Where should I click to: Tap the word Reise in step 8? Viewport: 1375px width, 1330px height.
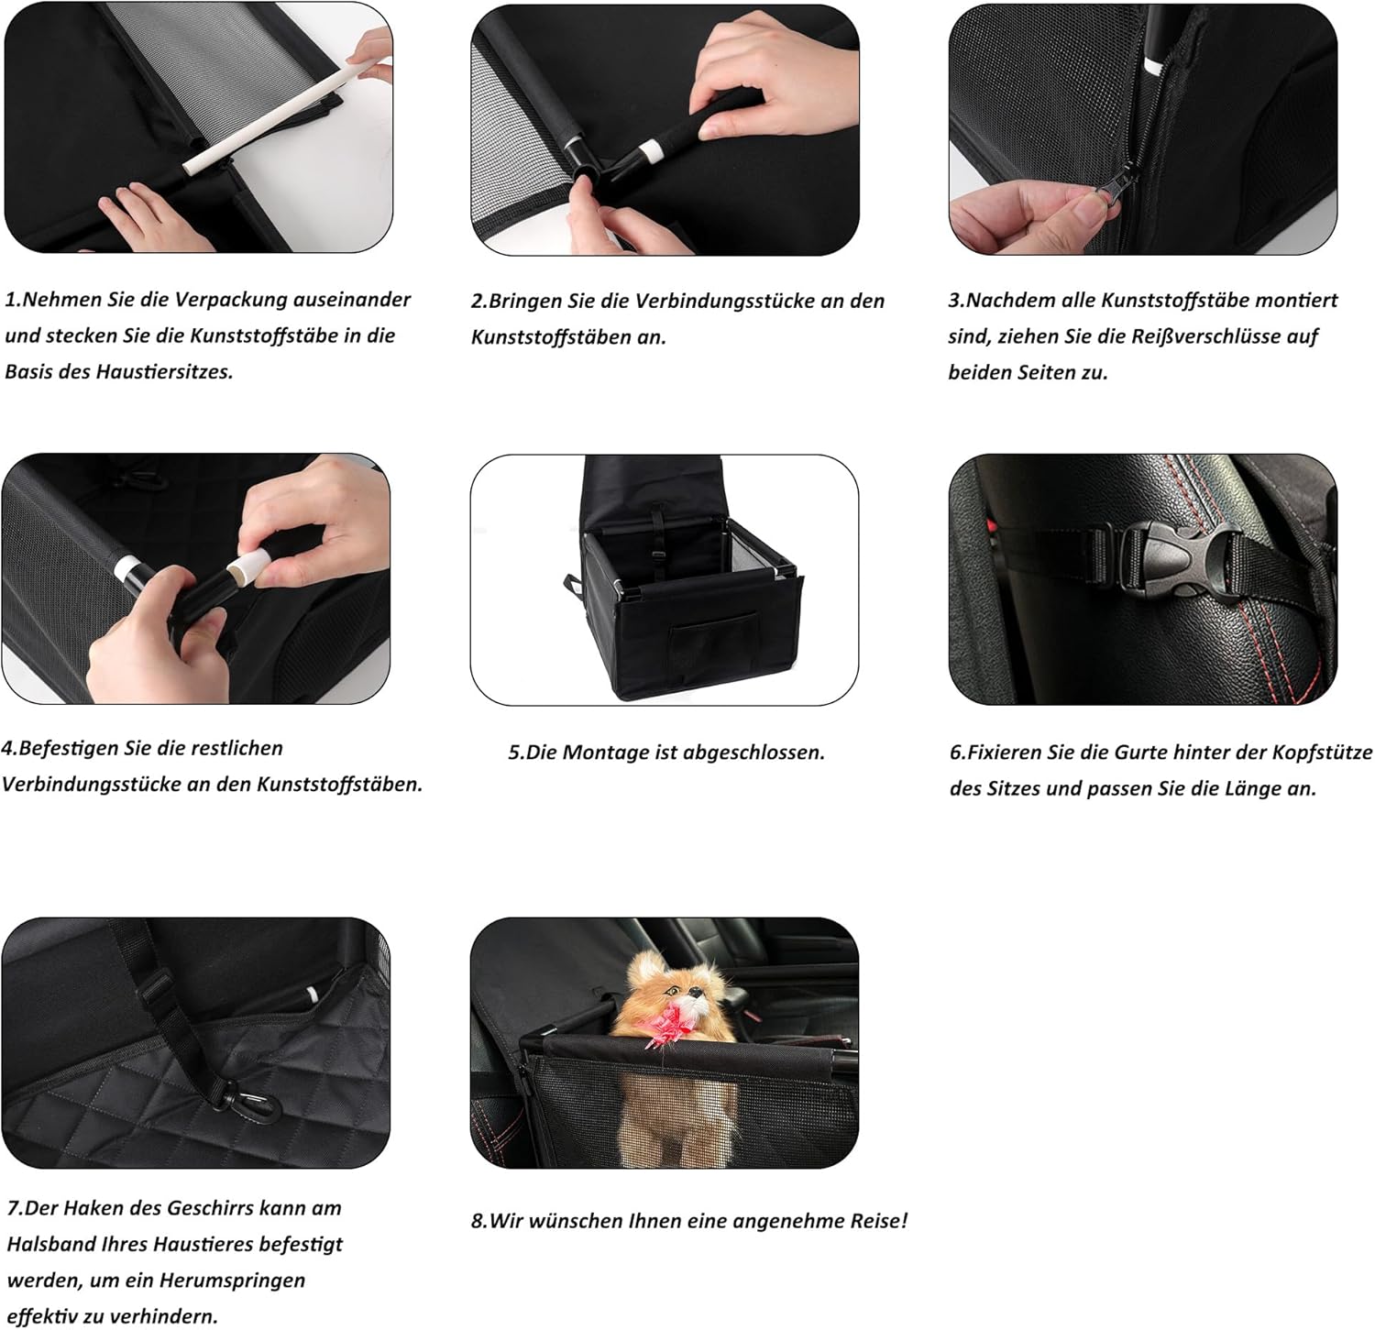(x=879, y=1221)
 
